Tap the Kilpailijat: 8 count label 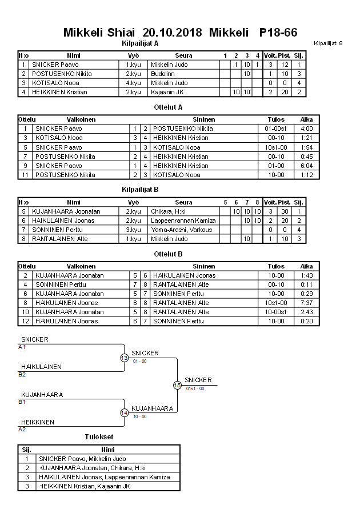click(328, 43)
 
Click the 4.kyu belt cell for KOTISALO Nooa click(133, 83)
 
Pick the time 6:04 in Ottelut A click(307, 165)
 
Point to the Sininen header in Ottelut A click(204, 119)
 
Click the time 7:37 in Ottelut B click(307, 302)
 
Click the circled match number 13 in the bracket click(124, 358)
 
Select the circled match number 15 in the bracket click(177, 385)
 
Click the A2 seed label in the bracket click(22, 429)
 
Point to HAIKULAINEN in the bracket click(41, 367)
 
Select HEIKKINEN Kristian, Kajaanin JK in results click(85, 486)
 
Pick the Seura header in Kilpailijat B click(184, 202)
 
